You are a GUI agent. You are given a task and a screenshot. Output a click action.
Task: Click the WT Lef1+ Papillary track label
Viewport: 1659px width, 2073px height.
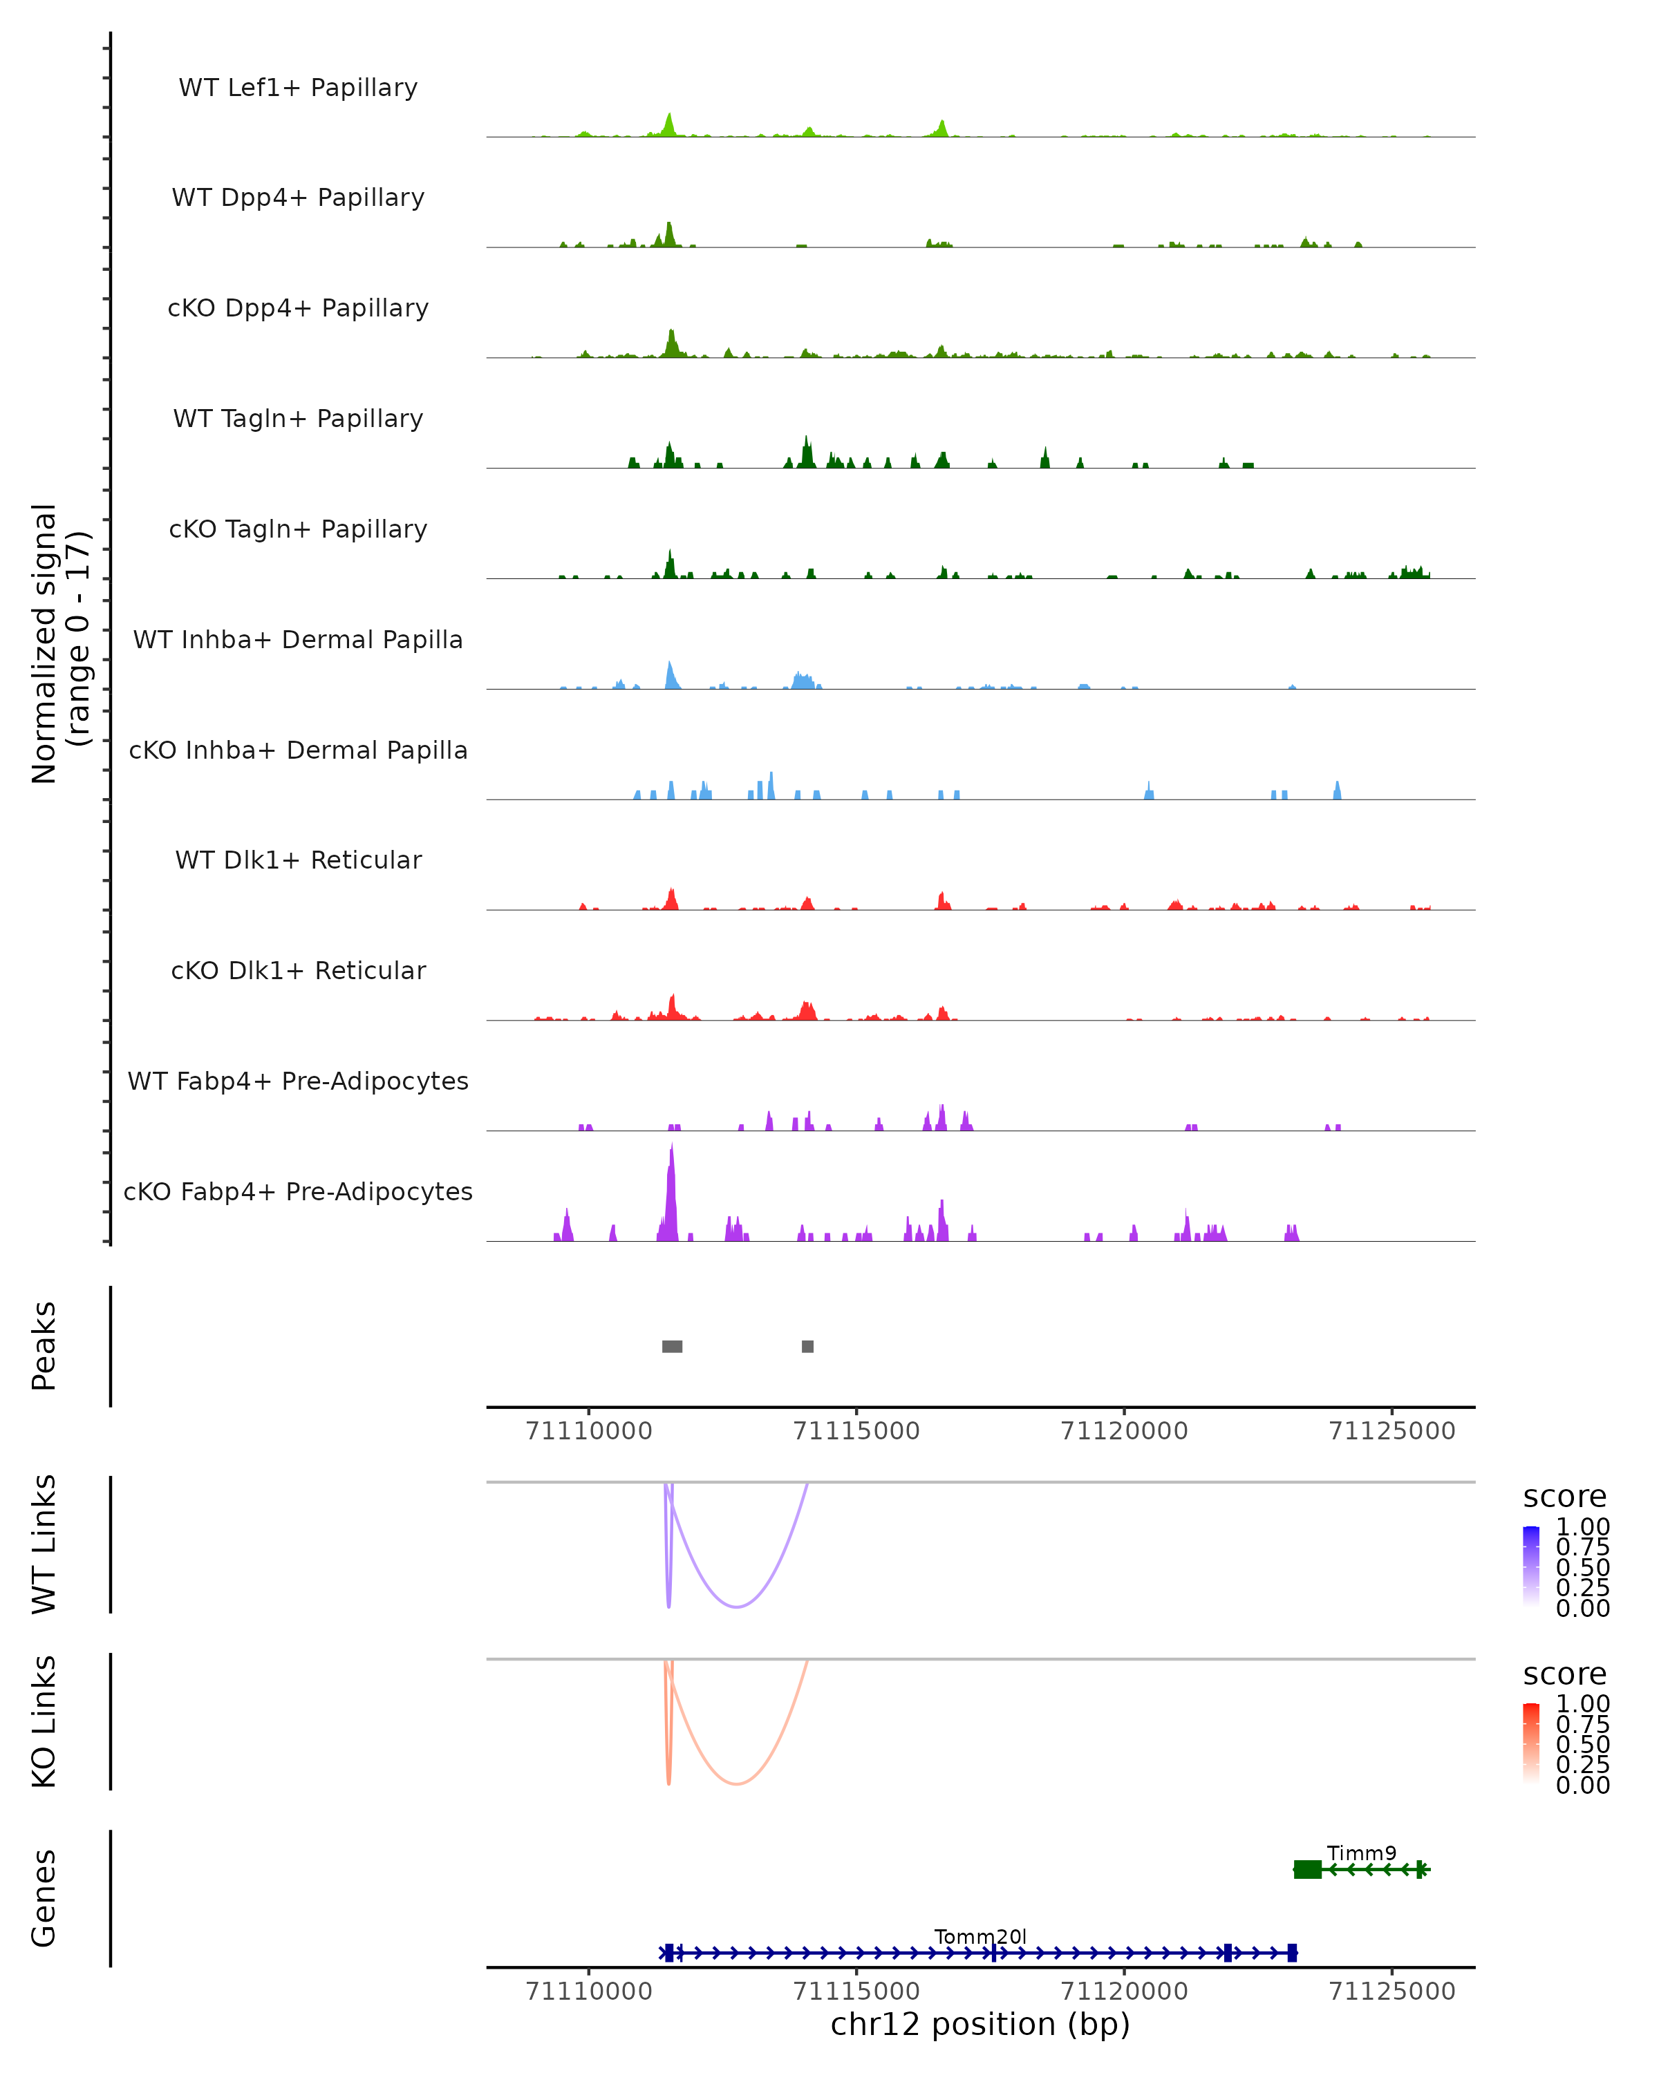[x=298, y=88]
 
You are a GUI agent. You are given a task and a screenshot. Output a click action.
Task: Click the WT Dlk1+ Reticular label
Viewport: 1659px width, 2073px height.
[x=298, y=860]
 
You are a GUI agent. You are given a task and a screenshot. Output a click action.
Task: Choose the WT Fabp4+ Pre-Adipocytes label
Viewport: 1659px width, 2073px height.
[x=298, y=1081]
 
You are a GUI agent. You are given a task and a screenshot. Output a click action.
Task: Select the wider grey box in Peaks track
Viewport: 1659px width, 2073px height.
[x=673, y=1346]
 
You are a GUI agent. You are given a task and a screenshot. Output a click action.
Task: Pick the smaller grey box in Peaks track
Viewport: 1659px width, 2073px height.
[x=808, y=1346]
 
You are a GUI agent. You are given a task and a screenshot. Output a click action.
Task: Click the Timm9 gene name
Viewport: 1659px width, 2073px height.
[x=1361, y=1853]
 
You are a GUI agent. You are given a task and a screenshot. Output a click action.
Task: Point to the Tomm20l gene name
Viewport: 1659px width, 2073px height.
[x=980, y=1936]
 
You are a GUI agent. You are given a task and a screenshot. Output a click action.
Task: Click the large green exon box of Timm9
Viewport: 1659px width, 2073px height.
[x=1307, y=1869]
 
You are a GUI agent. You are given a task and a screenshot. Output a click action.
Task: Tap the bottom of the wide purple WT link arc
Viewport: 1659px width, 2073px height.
[x=737, y=1607]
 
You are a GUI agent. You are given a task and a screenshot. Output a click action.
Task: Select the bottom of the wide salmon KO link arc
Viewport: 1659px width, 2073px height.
[x=737, y=1783]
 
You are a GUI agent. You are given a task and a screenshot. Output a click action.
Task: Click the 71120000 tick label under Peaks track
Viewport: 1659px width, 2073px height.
[x=1123, y=1431]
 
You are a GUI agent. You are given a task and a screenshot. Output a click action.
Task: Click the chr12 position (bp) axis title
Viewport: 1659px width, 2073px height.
[x=980, y=2025]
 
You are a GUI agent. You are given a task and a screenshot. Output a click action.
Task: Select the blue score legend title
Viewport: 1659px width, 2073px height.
[x=1564, y=1497]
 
